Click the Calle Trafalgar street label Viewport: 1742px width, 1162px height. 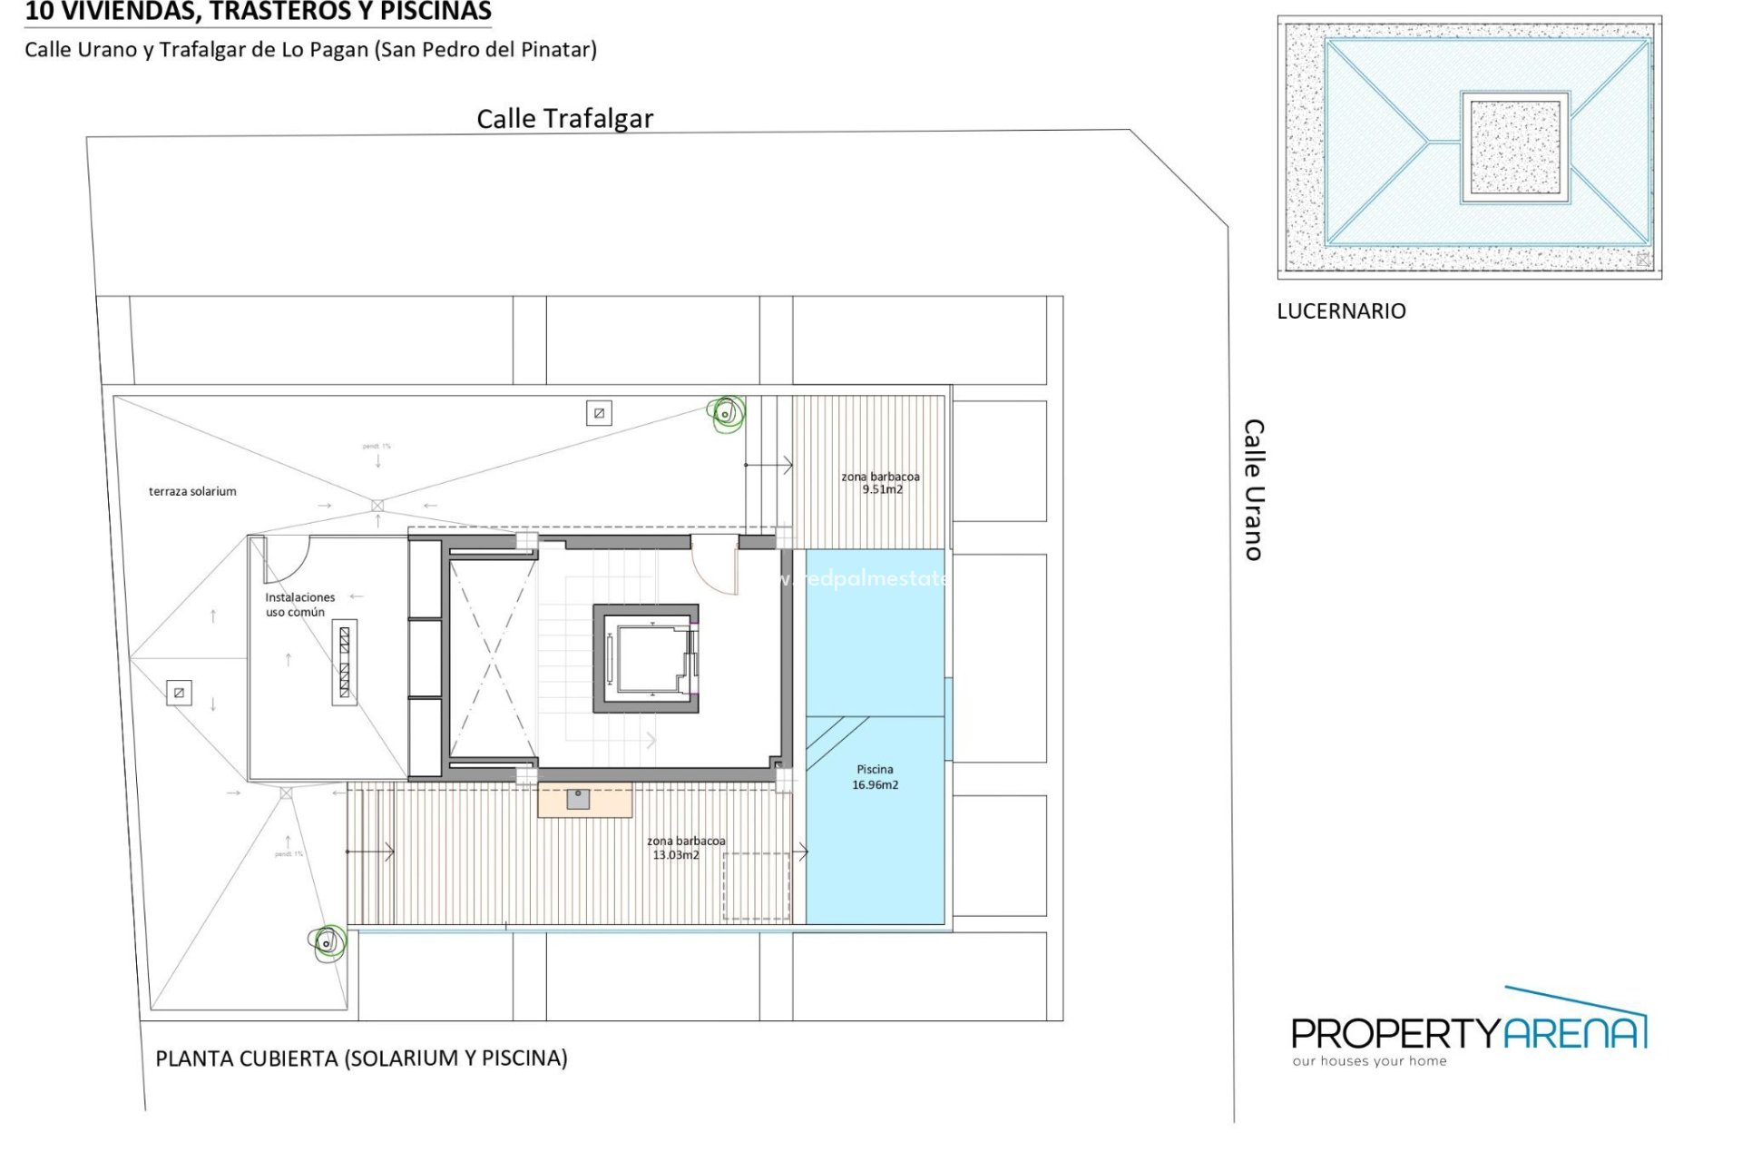[x=564, y=119]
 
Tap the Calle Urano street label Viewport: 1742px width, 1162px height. [x=1253, y=489]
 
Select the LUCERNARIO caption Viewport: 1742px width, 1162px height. [x=1341, y=311]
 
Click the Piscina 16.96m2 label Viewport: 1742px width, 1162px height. [x=875, y=777]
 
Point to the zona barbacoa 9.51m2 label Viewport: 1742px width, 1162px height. [x=880, y=483]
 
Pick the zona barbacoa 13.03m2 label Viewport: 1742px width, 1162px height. [x=685, y=848]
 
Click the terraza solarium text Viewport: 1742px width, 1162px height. [x=192, y=491]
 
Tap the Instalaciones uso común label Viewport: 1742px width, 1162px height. [x=299, y=605]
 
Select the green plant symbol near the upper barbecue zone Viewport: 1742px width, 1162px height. [x=726, y=414]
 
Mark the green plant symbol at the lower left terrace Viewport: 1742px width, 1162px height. [x=328, y=941]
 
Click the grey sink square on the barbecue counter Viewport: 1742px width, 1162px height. [x=578, y=799]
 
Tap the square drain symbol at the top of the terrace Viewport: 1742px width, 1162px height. [x=599, y=413]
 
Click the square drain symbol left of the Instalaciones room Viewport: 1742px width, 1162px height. [x=179, y=693]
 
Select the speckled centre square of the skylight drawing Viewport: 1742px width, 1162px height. [x=1514, y=146]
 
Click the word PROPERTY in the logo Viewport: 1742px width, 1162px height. [x=1395, y=1033]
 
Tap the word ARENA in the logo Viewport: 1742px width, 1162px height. [x=1574, y=1033]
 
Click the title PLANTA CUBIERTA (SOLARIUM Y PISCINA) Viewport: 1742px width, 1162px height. [x=361, y=1059]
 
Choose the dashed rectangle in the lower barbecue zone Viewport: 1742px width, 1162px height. [x=756, y=886]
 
